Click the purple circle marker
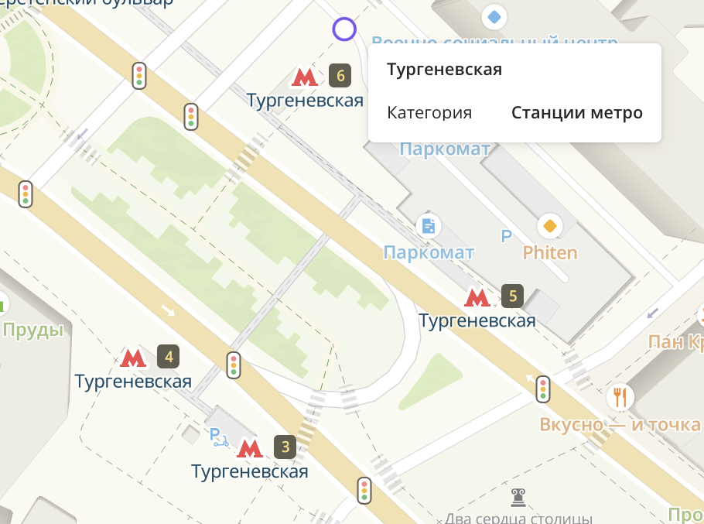tap(344, 29)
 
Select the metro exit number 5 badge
tap(512, 295)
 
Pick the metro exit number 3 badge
tap(285, 447)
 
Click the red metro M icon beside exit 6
tap(305, 77)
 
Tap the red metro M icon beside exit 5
tap(477, 296)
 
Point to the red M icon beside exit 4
tap(133, 357)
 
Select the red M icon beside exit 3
tap(250, 447)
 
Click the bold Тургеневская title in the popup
tap(444, 70)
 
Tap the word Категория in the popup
tap(429, 113)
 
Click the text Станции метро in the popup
tap(577, 113)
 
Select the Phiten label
tap(550, 252)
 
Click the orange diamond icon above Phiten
tap(550, 226)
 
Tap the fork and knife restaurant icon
tap(620, 396)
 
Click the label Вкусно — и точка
tap(620, 424)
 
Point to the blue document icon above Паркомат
tap(429, 226)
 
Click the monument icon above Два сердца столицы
tap(518, 496)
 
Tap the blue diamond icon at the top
tap(494, 15)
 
